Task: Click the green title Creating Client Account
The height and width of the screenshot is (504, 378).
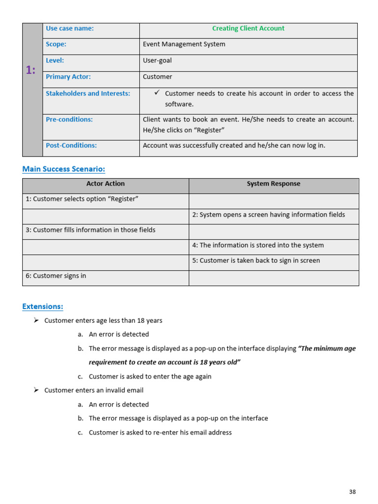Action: (248, 29)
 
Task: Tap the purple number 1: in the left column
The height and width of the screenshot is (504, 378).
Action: (31, 70)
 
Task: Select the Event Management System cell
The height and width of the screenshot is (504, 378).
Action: (184, 44)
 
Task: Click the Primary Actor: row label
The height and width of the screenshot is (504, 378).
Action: (68, 77)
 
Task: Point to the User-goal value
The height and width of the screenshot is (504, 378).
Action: (157, 61)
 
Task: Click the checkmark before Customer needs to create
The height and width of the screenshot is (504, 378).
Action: (157, 93)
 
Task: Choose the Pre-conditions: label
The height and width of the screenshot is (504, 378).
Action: (69, 119)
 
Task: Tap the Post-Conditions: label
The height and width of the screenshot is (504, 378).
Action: (71, 145)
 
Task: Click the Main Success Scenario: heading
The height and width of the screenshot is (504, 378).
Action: (63, 169)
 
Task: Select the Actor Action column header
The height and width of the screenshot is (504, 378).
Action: (105, 184)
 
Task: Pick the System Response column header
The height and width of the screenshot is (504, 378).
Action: (273, 184)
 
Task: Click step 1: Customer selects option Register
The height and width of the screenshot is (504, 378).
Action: (82, 199)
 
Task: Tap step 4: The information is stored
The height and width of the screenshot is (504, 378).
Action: (258, 245)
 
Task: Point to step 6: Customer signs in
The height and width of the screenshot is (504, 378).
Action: (56, 276)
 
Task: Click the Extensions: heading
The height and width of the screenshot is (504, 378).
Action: (42, 307)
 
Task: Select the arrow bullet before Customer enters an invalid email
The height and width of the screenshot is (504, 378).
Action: (36, 390)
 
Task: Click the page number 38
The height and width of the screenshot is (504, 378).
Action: (352, 492)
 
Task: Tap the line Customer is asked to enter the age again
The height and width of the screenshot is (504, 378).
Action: (150, 377)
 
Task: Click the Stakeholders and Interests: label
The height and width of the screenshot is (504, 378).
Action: (88, 94)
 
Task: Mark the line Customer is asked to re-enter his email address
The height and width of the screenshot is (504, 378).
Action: (160, 433)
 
